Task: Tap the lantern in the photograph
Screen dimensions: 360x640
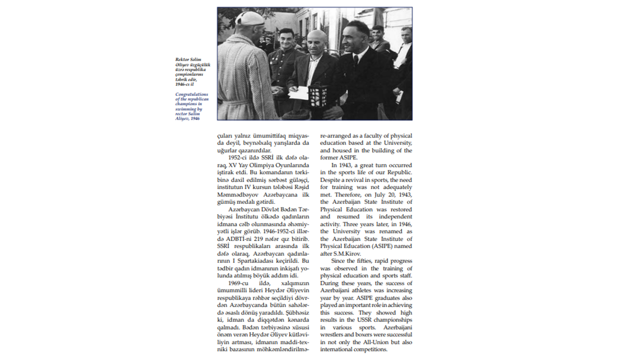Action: click(318, 94)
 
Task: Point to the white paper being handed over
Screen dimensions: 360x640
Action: click(299, 93)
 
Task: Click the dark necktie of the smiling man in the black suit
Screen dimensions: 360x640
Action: click(355, 61)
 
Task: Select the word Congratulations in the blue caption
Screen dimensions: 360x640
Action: click(191, 94)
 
